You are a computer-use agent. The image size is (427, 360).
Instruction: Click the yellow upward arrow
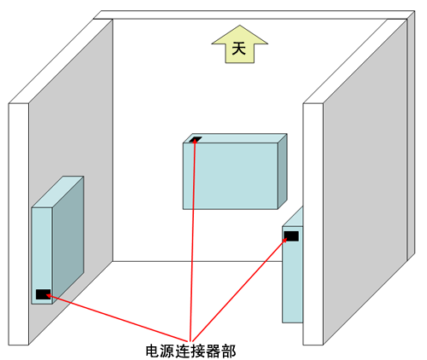240,44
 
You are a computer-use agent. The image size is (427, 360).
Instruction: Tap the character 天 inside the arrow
239,49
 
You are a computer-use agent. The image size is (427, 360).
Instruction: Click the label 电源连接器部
190,351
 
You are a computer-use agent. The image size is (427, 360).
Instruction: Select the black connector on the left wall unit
44,294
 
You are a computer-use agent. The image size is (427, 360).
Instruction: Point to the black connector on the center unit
196,139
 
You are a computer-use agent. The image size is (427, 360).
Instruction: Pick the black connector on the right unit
291,236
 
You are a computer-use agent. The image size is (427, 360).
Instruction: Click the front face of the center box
231,176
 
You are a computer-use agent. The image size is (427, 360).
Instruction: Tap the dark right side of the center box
283,171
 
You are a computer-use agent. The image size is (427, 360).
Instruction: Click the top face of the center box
235,138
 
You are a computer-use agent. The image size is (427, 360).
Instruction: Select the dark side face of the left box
68,241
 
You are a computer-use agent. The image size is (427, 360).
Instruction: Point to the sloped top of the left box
57,192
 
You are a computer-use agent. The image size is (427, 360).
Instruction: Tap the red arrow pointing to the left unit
117,318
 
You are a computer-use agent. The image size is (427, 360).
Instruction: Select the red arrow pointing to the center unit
193,240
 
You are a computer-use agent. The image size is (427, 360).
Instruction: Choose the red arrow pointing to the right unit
239,289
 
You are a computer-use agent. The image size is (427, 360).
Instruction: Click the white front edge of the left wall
19,224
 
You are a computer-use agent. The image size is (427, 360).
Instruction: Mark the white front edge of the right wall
313,224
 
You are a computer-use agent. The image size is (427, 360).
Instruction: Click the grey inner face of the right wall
366,182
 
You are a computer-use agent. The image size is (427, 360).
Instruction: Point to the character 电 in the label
153,351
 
